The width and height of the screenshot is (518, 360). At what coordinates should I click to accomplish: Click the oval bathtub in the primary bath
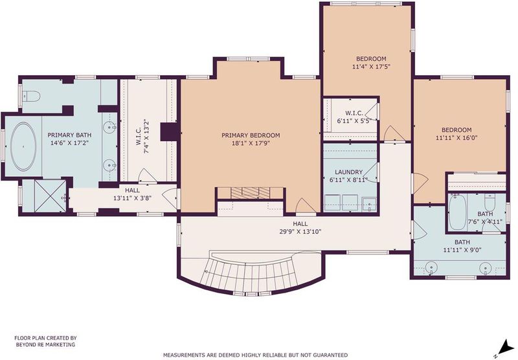[23, 146]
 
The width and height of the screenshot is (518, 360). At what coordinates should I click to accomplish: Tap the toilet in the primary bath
[32, 96]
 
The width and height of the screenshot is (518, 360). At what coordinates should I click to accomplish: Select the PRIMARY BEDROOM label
[251, 135]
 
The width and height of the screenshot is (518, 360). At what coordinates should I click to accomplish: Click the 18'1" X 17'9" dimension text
[251, 143]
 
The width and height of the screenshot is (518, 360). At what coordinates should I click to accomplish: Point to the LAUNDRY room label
[348, 172]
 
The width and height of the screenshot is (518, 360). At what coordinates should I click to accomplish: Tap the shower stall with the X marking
[51, 195]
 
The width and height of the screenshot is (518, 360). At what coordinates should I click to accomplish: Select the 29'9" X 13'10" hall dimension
[300, 232]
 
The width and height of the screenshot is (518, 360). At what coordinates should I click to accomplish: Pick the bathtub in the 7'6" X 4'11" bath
[458, 212]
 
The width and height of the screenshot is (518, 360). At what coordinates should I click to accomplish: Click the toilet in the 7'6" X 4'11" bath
[490, 203]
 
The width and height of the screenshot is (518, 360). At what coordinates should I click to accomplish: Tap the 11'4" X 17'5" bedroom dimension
[371, 67]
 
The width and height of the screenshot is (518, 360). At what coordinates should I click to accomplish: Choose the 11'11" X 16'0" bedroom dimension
[456, 138]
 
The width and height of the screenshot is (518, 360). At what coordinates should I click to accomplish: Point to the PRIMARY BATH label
[69, 135]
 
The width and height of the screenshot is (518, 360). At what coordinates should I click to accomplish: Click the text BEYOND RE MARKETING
[45, 344]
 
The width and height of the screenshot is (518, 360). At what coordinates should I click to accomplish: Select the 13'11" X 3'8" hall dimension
[132, 199]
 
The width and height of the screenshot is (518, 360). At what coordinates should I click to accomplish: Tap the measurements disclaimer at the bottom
[255, 355]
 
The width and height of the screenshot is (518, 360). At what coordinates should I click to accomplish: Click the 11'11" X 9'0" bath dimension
[462, 250]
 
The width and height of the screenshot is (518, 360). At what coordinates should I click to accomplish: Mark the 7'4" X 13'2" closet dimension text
[147, 138]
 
